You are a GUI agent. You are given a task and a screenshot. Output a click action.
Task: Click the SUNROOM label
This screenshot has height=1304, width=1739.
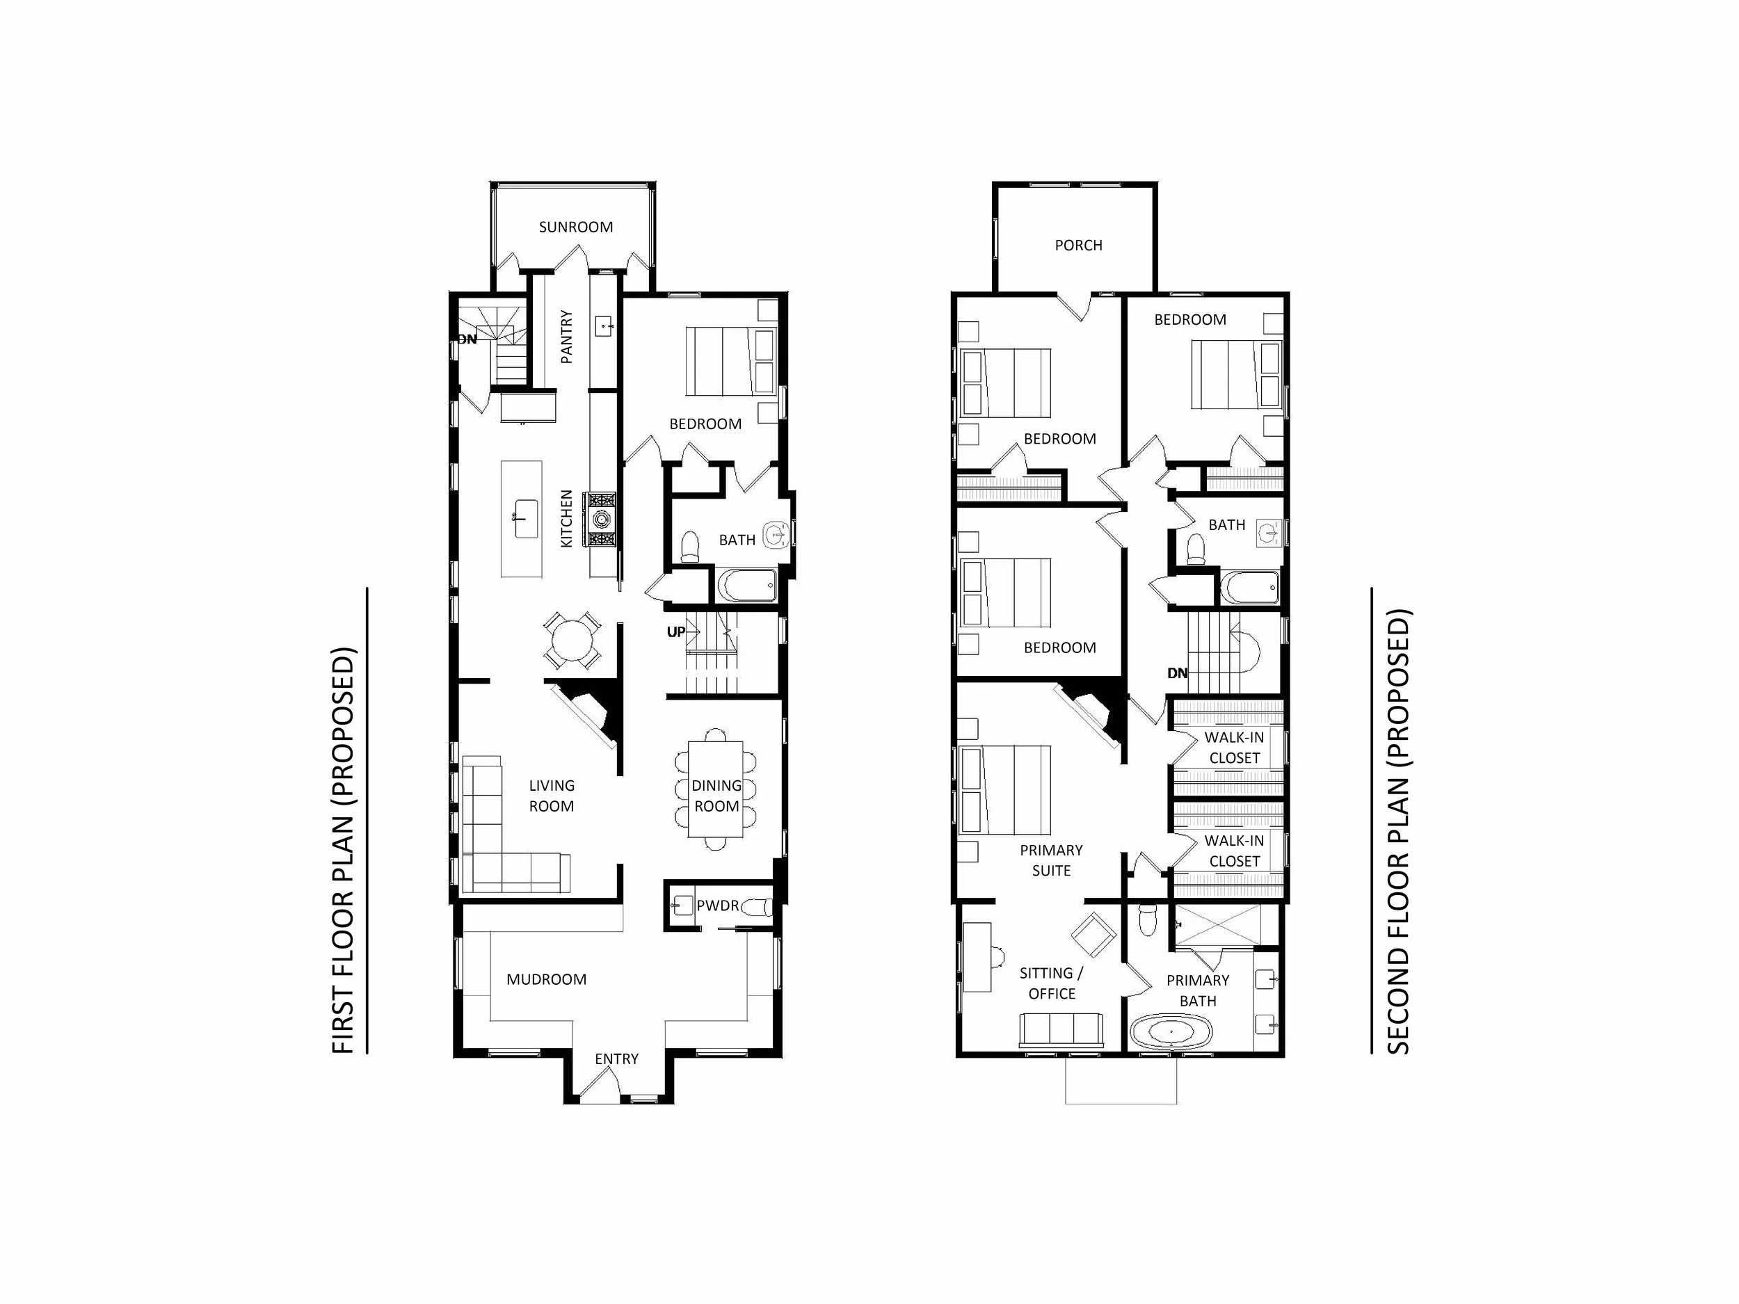point(575,227)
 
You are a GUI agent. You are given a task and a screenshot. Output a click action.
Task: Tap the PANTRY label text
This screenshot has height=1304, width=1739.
point(566,337)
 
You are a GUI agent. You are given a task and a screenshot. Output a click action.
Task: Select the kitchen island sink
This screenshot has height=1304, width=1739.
point(525,518)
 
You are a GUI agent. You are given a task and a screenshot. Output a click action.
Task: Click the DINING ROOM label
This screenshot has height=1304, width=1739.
point(716,796)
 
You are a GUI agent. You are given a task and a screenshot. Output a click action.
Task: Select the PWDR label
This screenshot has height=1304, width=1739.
point(717,905)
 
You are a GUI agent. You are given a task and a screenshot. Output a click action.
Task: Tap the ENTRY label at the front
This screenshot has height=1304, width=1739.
point(616,1059)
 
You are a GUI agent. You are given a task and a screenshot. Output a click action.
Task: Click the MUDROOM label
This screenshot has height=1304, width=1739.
point(546,979)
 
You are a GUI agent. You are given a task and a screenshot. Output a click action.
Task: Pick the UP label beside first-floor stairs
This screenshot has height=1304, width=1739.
point(675,632)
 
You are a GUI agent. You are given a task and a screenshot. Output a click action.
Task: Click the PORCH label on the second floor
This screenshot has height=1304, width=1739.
point(1078,245)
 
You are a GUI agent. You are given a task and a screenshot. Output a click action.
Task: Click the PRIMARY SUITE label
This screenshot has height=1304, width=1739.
point(1051,860)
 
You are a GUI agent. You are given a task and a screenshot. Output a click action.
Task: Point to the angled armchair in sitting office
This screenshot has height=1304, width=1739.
point(1093,934)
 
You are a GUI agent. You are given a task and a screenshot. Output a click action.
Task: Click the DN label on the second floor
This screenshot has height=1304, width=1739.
point(1177,673)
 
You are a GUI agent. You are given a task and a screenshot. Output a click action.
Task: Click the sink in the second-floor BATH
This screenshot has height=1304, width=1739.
point(1267,532)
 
